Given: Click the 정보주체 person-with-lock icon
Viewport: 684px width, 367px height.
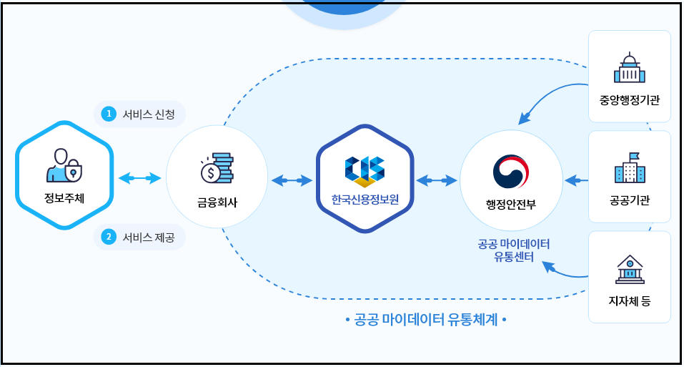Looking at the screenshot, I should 64,165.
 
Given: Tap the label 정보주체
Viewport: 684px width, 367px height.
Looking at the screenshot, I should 64,198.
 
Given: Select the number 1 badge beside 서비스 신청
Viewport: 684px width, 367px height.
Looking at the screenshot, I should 109,114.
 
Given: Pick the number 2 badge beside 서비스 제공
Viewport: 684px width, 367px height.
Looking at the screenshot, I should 109,237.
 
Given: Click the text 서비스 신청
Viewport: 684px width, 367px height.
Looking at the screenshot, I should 149,114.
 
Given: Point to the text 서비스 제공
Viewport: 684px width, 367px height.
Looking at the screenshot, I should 149,237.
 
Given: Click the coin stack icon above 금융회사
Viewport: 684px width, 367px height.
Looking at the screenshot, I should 217,168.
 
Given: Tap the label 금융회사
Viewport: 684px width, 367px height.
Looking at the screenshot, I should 217,202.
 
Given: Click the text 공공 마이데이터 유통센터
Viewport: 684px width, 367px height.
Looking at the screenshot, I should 514,250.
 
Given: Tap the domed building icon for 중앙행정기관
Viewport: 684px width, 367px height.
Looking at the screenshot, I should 629,69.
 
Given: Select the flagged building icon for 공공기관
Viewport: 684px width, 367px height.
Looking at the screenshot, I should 629,168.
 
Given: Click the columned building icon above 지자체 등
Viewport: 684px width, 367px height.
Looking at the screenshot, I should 629,270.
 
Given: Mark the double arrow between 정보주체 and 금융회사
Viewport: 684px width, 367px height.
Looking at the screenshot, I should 139,178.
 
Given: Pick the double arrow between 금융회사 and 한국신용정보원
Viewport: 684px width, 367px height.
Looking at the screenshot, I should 292,180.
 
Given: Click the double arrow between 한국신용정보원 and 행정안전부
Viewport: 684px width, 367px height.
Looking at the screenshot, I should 437,180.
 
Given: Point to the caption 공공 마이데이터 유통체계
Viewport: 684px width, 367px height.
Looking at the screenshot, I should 425,319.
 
